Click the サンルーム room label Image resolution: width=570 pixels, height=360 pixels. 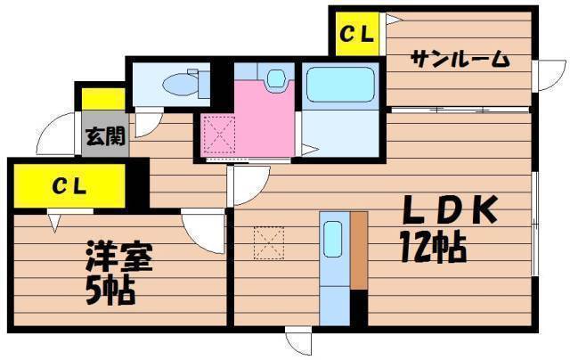[x=460, y=59]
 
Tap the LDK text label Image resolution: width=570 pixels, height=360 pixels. [x=450, y=210]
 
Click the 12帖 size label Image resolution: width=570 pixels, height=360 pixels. [x=434, y=248]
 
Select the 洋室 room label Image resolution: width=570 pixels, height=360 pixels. [x=118, y=257]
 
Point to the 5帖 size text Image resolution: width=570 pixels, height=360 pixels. [x=110, y=290]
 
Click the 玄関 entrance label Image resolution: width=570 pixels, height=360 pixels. [x=105, y=136]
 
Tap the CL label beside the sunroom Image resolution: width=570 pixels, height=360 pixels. [x=356, y=34]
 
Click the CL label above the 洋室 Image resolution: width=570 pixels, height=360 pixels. [x=69, y=186]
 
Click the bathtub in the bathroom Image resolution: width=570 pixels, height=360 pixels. [x=340, y=84]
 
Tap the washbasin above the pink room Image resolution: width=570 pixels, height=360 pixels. [x=275, y=78]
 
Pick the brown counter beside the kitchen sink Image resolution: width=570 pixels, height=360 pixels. [x=359, y=250]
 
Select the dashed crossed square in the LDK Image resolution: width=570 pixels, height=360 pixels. [x=269, y=243]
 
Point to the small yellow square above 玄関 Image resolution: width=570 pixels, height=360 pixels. [x=103, y=99]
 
